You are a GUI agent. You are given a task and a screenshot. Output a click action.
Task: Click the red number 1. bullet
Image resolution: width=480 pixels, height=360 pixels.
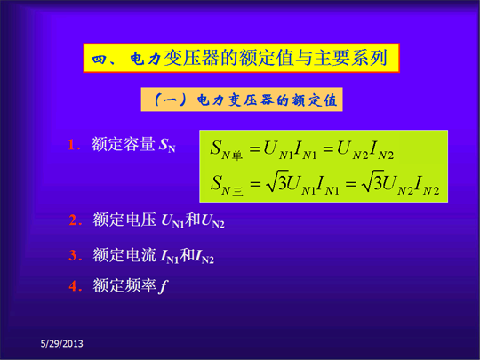point(75,145)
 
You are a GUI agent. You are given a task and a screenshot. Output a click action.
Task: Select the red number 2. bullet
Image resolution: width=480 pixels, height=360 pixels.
point(76,220)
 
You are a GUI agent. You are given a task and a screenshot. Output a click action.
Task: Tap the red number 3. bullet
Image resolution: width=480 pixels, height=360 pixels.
point(76,255)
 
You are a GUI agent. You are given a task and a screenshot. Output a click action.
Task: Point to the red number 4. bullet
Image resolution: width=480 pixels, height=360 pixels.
point(76,286)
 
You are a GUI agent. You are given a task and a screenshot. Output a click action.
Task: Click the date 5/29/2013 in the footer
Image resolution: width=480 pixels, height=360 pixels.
point(62,344)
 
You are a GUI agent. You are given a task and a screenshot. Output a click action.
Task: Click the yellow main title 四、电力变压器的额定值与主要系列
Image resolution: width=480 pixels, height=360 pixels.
point(242,58)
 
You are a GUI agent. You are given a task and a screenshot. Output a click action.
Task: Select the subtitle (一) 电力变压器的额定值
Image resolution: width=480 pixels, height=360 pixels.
point(242,100)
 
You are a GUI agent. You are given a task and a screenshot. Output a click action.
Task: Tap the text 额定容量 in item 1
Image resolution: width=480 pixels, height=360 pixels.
point(123,144)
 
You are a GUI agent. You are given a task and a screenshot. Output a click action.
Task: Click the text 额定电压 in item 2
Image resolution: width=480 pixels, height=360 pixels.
point(124,220)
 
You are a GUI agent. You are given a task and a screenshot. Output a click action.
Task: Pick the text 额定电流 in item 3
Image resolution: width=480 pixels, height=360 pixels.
point(124,255)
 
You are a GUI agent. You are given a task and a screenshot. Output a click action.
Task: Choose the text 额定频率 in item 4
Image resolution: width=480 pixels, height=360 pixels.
point(124,285)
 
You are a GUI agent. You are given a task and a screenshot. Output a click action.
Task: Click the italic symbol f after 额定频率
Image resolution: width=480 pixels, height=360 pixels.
point(164,286)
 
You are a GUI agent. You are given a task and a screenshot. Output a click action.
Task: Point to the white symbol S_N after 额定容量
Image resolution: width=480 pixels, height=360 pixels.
point(167,145)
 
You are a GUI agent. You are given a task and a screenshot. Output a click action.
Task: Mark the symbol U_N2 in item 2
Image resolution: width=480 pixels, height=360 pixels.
point(212,220)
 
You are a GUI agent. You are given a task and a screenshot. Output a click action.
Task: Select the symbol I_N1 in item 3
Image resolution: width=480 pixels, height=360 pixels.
point(170,256)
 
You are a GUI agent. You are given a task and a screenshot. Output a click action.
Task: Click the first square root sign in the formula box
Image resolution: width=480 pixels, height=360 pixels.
point(274,181)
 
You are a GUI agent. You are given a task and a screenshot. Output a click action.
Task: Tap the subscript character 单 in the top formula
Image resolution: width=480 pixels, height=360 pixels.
point(237,156)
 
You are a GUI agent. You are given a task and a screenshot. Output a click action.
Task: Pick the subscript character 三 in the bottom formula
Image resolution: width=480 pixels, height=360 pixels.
point(238,191)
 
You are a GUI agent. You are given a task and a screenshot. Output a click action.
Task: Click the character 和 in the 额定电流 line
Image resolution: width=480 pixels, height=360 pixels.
point(187,255)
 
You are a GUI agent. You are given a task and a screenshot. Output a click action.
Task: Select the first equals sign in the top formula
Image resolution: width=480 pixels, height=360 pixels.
point(255,149)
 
